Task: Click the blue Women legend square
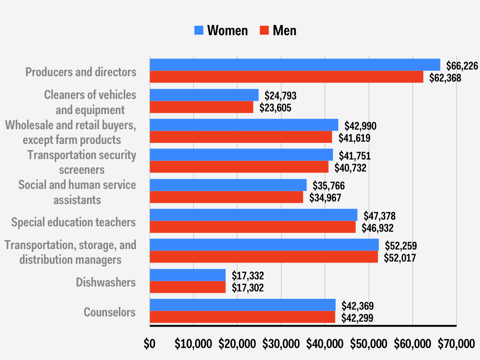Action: (199, 31)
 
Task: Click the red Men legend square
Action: (264, 31)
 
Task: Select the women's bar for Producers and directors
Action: (294, 65)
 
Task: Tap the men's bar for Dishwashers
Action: (187, 287)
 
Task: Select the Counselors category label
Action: (110, 312)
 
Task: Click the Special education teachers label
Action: (73, 222)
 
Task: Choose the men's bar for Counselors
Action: (242, 317)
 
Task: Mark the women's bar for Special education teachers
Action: (253, 215)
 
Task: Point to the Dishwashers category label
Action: (106, 282)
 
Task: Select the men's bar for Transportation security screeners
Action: (239, 167)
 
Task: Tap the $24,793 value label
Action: (281, 96)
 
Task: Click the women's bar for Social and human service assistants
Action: (228, 185)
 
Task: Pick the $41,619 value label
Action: (354, 138)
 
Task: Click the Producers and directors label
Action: (81, 72)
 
